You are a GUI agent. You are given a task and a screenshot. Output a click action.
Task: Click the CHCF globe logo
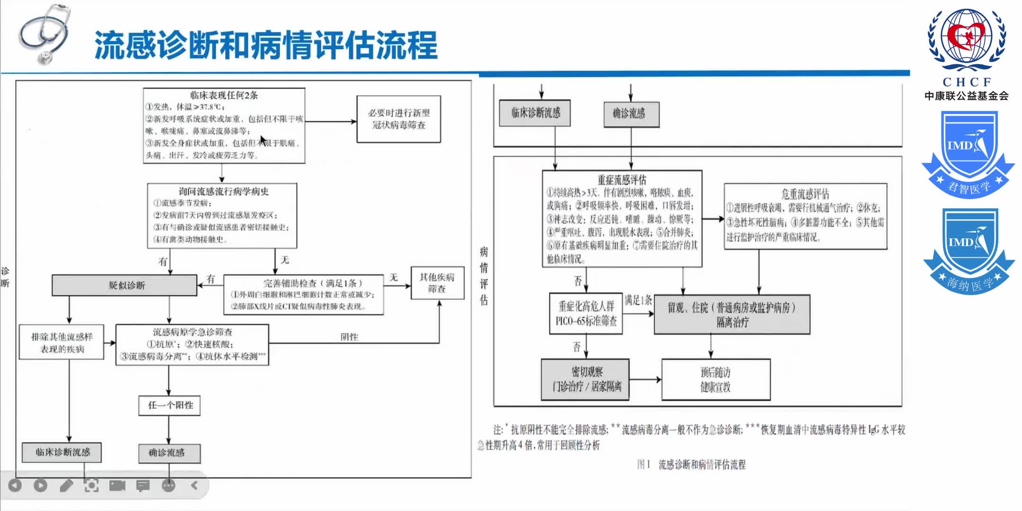[x=967, y=40]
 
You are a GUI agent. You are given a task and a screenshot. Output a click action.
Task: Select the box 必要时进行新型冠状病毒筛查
[x=398, y=119]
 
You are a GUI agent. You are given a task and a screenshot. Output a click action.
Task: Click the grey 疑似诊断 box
[x=124, y=285]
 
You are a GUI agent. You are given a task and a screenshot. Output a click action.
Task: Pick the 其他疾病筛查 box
[x=437, y=283]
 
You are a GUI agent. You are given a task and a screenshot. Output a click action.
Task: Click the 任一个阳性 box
[x=169, y=405]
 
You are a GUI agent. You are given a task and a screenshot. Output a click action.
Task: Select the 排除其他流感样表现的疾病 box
[x=62, y=342]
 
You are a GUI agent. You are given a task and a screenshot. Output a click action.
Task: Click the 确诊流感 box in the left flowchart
[x=169, y=453]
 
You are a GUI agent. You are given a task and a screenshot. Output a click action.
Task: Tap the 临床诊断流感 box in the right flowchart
[x=535, y=113]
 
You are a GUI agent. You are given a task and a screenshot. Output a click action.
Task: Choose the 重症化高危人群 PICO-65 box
[x=586, y=314]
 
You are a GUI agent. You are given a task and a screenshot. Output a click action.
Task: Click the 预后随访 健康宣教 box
[x=715, y=379]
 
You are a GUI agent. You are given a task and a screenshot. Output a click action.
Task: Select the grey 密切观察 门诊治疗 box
[x=586, y=379]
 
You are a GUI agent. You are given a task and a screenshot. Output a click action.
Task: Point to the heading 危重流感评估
[x=805, y=194]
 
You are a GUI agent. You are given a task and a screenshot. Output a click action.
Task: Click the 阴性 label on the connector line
[x=349, y=337]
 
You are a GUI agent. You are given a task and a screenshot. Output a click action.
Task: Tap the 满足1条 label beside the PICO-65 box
[x=638, y=300]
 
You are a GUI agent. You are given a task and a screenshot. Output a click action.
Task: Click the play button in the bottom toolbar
[x=41, y=485]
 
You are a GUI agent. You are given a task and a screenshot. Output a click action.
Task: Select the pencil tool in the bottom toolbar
[x=66, y=485]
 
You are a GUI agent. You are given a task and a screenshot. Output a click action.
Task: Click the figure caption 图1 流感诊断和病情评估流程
[x=691, y=465]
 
